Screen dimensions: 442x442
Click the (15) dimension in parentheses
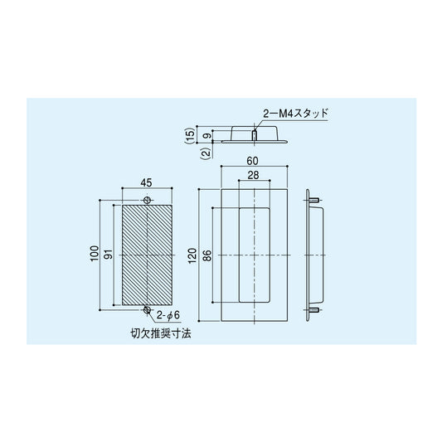click(x=189, y=134)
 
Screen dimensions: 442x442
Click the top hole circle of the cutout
click(x=147, y=201)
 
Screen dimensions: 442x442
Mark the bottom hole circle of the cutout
click(x=147, y=309)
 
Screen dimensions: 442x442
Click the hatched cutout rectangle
click(x=147, y=255)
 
